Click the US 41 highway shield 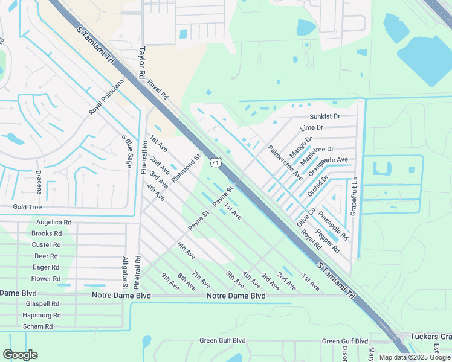point(215,162)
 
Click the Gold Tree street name point(27,207)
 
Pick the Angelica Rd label point(54,222)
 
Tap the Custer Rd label point(46,244)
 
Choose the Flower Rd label point(46,279)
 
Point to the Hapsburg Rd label point(41,315)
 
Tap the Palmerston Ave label point(285,162)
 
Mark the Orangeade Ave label point(328,167)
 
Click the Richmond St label point(186,169)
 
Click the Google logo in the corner point(20,355)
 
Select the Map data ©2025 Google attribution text point(415,357)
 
